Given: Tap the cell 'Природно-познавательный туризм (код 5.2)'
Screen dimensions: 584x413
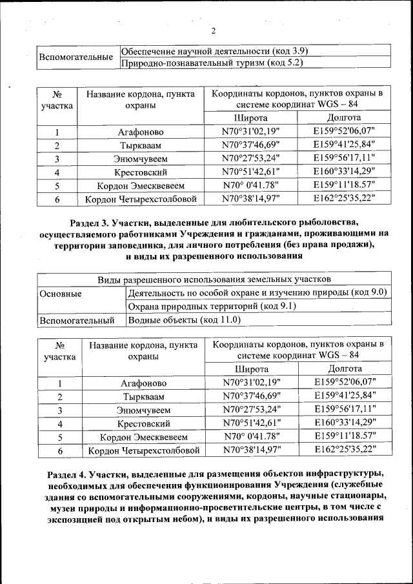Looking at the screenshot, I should tap(212, 63).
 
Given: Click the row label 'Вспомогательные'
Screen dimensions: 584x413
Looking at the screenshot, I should tap(77, 57).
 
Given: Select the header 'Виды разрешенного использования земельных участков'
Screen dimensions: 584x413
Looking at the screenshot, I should tap(214, 279).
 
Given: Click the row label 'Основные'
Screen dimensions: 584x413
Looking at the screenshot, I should tap(61, 293).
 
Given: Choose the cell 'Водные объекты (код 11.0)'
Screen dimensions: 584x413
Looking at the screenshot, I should tap(185, 319).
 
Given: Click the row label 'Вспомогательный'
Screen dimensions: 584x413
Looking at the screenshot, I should tap(77, 319).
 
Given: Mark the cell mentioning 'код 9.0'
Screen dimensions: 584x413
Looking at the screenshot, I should tap(257, 292).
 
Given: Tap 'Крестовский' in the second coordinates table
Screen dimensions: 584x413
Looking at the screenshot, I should tap(143, 424).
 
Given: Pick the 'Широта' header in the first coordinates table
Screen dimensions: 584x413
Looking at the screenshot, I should tap(250, 118).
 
